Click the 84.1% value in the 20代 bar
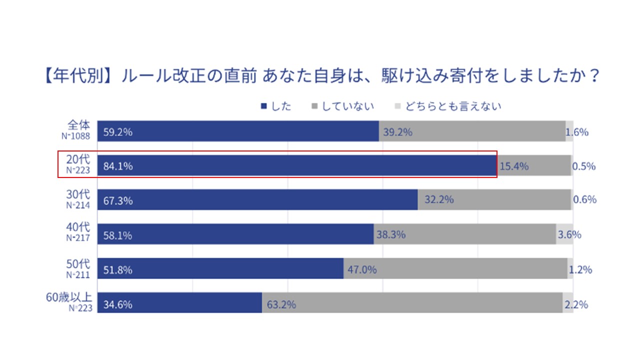pyautogui.click(x=118, y=166)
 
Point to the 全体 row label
pyautogui.click(x=78, y=125)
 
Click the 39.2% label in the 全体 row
pyautogui.click(x=398, y=132)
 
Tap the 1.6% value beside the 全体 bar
pyautogui.click(x=577, y=132)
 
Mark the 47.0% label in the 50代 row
pyautogui.click(x=362, y=270)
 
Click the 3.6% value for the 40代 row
pyautogui.click(x=569, y=234)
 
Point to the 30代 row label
pyautogui.click(x=78, y=194)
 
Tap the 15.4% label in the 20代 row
pyautogui.click(x=514, y=166)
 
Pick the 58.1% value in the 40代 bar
pyautogui.click(x=118, y=235)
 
